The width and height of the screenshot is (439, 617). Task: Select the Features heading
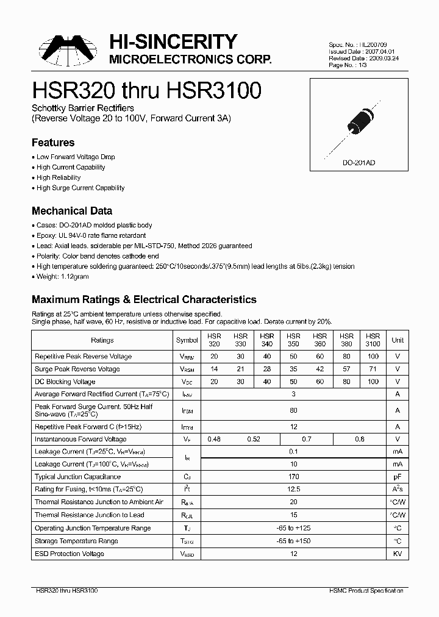[53, 143]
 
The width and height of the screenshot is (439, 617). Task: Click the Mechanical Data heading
[71, 211]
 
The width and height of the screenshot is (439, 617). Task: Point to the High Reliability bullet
[59, 177]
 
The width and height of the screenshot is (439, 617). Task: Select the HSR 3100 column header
[373, 340]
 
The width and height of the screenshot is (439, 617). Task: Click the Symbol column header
[187, 340]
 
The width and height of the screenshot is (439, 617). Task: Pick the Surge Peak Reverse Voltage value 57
[346, 369]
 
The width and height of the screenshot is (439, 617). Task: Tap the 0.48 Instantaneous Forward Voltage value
[214, 439]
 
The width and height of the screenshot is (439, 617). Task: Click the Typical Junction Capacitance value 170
[294, 477]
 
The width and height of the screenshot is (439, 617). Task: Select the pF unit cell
[398, 477]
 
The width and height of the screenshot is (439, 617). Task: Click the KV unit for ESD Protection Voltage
[398, 554]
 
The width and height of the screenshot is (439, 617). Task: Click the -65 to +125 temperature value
[294, 528]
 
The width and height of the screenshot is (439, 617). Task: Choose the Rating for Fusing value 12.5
[294, 490]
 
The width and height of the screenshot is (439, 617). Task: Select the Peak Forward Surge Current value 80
[294, 410]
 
